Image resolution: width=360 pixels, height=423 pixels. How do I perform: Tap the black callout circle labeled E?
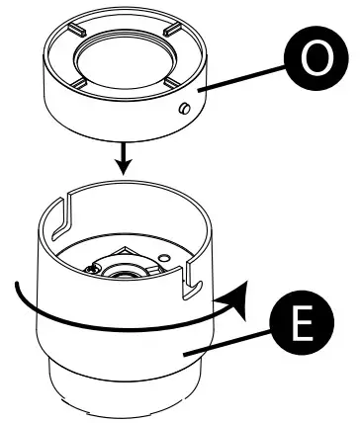click(305, 328)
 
